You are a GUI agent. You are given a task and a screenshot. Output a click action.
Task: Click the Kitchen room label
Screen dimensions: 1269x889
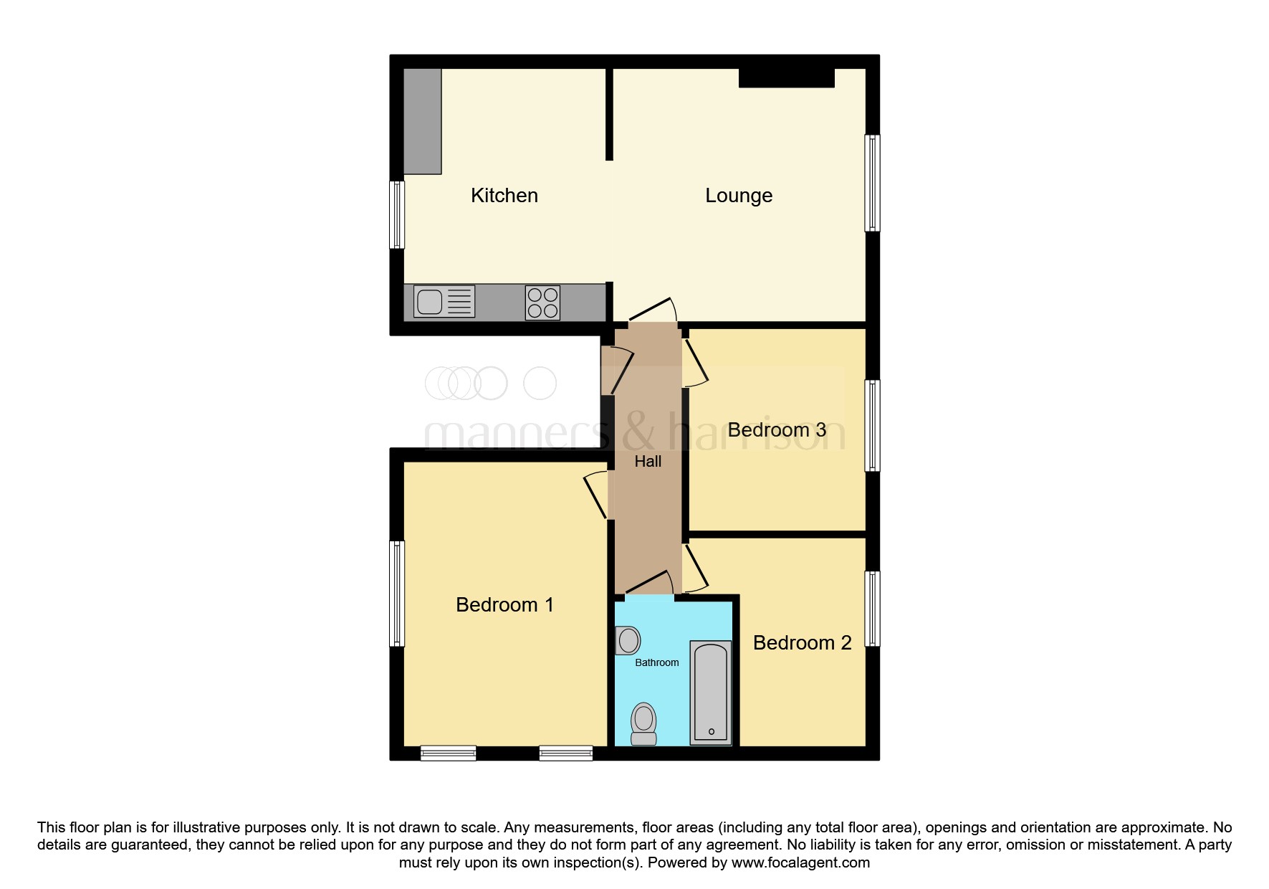click(504, 195)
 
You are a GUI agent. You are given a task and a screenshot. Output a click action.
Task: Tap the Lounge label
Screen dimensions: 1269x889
click(739, 196)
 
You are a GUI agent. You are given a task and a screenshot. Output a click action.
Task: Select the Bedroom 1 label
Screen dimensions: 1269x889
click(504, 604)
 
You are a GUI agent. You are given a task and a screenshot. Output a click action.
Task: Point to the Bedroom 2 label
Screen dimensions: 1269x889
click(802, 642)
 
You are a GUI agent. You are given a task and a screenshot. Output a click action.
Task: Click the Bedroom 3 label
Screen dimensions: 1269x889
click(777, 429)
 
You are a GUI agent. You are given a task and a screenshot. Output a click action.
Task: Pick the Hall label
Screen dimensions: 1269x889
click(648, 461)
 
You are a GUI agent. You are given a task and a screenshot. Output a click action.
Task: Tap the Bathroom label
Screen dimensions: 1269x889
click(657, 662)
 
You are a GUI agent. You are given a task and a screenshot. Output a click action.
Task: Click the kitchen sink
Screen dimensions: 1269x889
click(444, 301)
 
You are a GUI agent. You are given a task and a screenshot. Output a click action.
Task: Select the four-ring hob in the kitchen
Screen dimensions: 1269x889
click(542, 302)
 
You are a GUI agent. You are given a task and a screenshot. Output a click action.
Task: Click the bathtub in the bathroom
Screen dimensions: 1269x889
click(711, 693)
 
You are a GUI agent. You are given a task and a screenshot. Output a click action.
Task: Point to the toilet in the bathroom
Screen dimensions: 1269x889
click(643, 724)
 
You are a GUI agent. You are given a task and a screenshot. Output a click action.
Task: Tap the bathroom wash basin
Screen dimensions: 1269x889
click(628, 640)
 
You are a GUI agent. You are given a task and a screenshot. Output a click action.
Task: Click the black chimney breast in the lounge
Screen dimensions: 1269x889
click(787, 77)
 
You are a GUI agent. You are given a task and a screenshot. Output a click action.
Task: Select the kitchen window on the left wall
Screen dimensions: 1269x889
click(397, 214)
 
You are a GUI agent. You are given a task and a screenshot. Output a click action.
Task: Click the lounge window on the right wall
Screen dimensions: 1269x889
click(872, 183)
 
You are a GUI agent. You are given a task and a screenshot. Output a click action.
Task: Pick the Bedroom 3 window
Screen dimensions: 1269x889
click(872, 425)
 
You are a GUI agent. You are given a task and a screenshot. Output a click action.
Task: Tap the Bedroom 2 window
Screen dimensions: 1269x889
click(872, 608)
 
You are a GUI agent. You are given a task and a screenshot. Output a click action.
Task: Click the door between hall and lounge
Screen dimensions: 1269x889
click(653, 310)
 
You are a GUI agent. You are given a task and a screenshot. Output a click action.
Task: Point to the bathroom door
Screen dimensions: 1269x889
click(649, 582)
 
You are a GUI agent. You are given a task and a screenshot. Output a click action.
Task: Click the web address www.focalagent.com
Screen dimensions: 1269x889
click(800, 862)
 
